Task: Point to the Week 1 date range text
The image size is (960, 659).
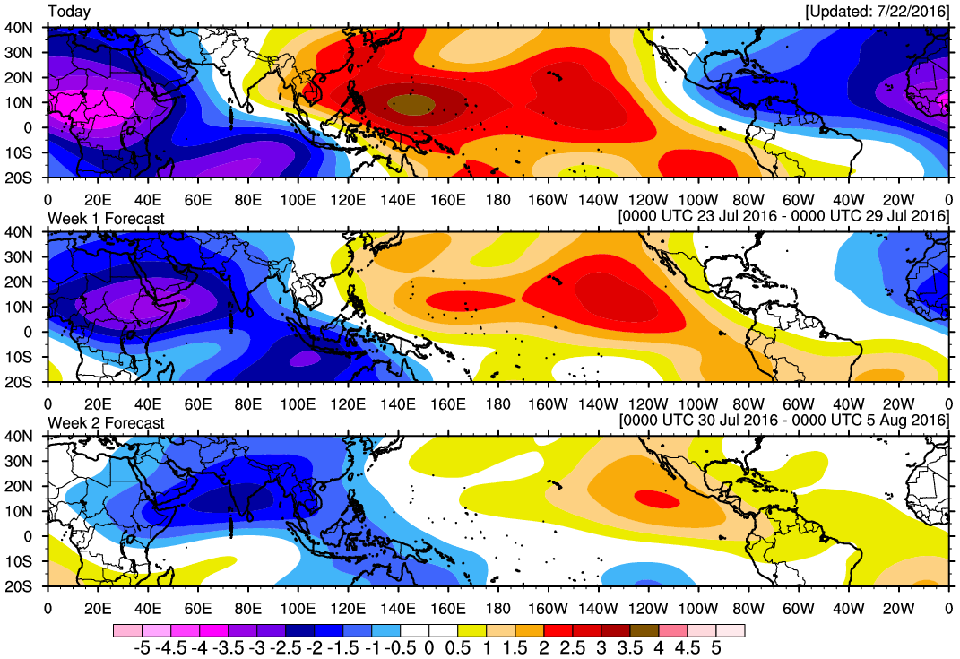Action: pyautogui.click(x=784, y=217)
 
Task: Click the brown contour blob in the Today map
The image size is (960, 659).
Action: pyautogui.click(x=411, y=103)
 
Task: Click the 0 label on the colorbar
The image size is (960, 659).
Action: pyautogui.click(x=429, y=646)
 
